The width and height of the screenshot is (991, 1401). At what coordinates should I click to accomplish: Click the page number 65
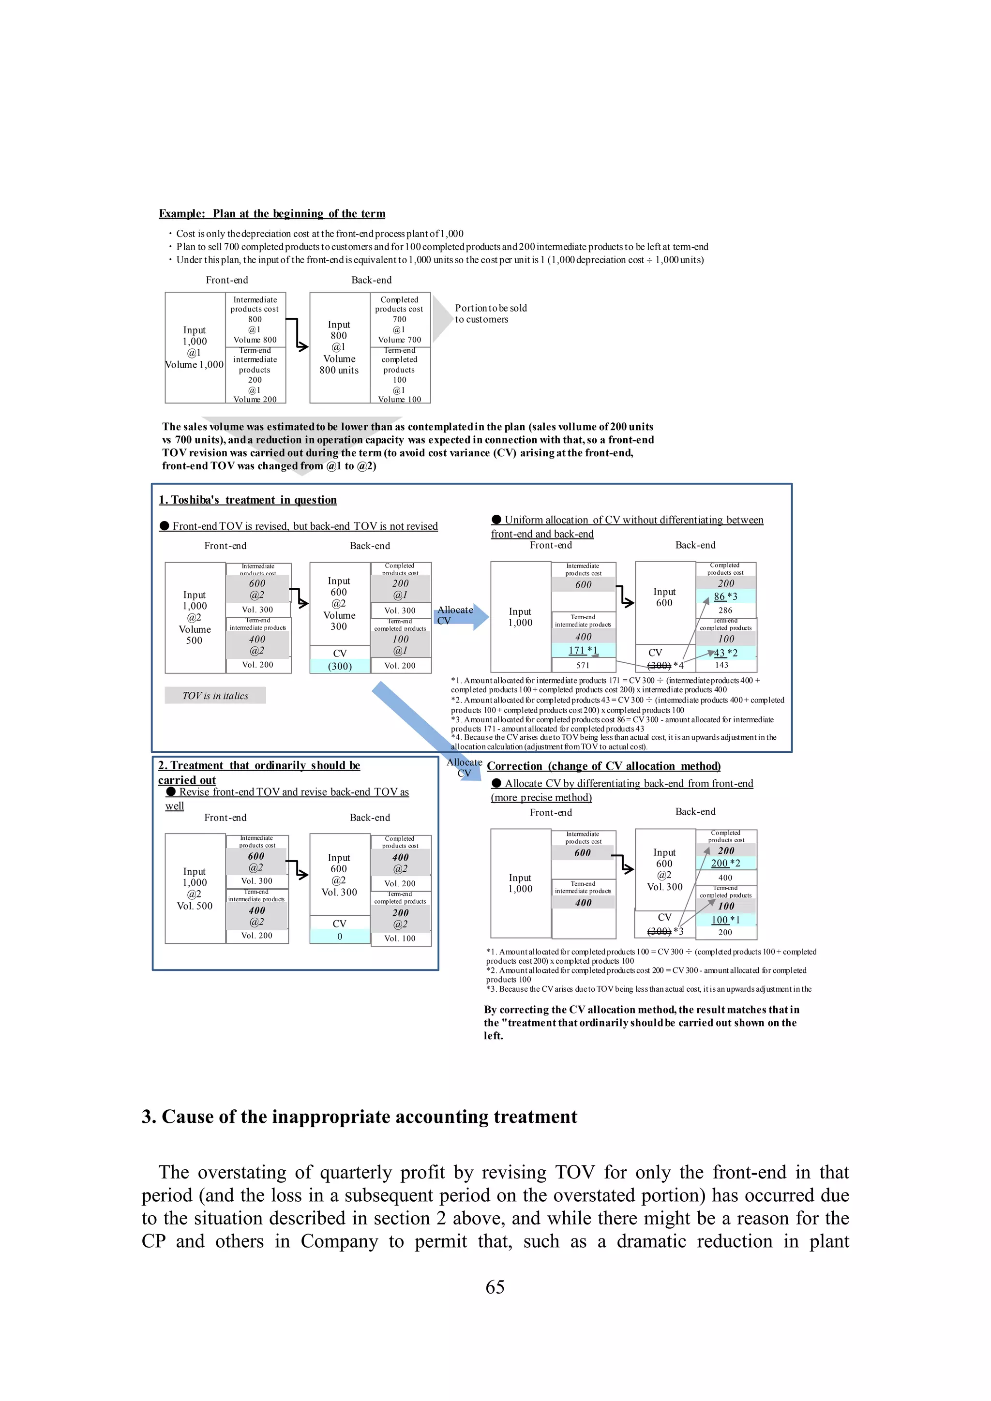click(x=495, y=1287)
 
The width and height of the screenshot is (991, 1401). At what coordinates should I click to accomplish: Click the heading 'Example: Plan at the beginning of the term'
click(x=272, y=213)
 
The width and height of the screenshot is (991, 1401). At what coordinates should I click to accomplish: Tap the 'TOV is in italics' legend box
click(x=215, y=696)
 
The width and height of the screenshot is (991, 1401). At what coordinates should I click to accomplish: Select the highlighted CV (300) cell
click(x=340, y=666)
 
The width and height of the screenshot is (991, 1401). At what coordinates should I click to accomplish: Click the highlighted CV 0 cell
click(x=340, y=937)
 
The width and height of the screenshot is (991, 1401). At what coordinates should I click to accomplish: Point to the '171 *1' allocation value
click(x=583, y=651)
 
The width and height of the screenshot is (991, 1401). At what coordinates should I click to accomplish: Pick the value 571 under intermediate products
click(x=583, y=666)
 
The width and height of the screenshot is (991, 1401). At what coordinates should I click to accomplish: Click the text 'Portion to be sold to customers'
click(x=491, y=313)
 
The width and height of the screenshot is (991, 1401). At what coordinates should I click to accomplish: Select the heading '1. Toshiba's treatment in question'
click(x=248, y=500)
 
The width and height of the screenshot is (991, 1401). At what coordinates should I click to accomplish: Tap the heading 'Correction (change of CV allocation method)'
click(x=603, y=766)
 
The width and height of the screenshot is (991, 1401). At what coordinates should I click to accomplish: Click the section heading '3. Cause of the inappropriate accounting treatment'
click(x=360, y=1117)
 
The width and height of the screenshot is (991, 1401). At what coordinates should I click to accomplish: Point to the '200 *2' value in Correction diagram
click(x=725, y=864)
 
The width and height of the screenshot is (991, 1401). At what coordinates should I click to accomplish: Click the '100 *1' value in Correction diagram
click(x=725, y=920)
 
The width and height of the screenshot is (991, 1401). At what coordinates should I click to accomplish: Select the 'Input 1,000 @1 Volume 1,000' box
click(x=195, y=347)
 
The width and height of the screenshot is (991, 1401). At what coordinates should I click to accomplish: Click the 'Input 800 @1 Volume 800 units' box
click(x=339, y=347)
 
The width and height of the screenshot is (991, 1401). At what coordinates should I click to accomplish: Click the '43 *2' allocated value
click(x=725, y=653)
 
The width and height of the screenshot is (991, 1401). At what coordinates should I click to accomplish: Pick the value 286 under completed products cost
click(x=725, y=610)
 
